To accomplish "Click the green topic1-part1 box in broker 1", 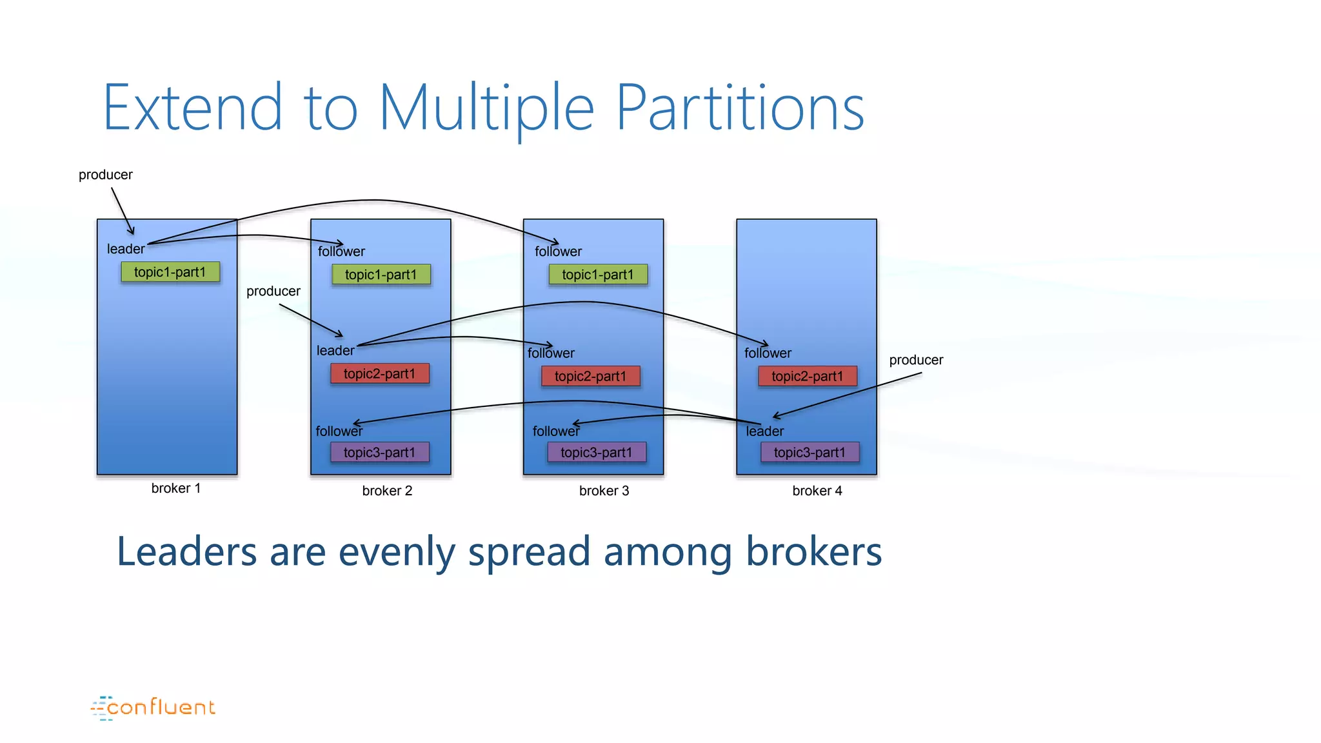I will point(170,272).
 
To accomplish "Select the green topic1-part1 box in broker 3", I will point(598,275).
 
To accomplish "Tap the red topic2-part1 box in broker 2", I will point(380,374).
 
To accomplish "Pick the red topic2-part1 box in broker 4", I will point(808,377).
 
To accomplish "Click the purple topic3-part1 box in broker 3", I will point(597,453).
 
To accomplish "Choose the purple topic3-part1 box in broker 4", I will point(810,453).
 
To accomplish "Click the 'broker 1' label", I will point(176,489).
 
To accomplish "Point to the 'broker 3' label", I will point(604,491).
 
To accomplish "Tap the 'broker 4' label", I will point(817,491).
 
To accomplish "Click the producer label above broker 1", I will point(106,175).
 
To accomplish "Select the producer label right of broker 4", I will point(916,361).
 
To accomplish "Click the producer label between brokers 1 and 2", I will point(273,292).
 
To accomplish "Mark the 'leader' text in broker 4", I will point(765,431).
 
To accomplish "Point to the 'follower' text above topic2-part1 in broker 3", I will point(551,353).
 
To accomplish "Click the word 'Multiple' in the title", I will point(486,108).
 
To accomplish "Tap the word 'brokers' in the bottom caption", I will point(814,552).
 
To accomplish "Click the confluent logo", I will point(153,708).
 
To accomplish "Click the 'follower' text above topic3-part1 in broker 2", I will point(339,431).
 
